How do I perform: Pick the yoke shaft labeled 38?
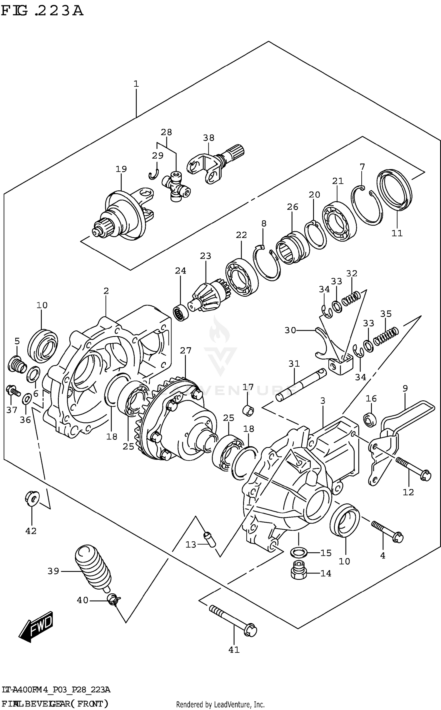[x=215, y=165]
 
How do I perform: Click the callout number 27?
[x=186, y=350]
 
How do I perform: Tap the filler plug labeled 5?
[x=16, y=364]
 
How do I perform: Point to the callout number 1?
[x=136, y=84]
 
